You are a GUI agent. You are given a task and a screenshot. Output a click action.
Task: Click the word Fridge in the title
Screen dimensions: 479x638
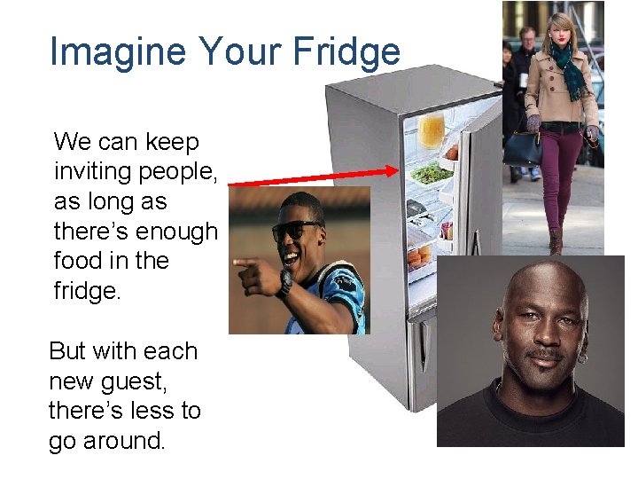[348, 51]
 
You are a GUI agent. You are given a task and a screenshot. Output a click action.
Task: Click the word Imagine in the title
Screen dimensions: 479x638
[120, 51]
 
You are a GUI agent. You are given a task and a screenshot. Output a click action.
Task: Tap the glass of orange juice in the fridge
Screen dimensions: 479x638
[431, 130]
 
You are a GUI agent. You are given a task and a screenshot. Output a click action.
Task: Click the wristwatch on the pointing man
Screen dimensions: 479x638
[284, 282]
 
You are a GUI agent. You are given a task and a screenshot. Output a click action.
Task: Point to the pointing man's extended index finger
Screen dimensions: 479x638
[238, 263]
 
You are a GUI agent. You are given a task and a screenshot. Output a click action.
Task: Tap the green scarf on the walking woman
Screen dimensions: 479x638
[568, 67]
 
